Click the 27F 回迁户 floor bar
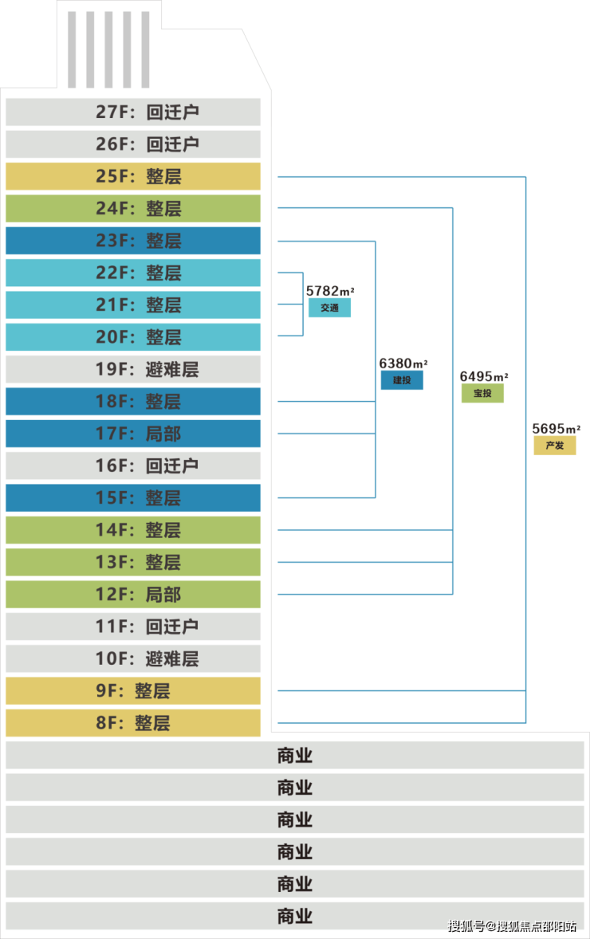point(133,112)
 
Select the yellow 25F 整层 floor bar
point(133,176)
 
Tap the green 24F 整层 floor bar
point(133,208)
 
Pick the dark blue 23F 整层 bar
point(133,241)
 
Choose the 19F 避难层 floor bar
point(133,369)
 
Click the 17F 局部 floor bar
point(133,434)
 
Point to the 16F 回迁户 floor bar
point(133,466)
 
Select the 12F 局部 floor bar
point(133,595)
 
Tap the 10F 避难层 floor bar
point(133,658)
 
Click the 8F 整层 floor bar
point(133,723)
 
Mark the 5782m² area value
point(329,291)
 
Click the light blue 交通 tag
point(329,308)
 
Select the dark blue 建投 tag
point(402,380)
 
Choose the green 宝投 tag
point(482,393)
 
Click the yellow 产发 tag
point(555,446)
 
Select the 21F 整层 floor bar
point(133,304)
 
